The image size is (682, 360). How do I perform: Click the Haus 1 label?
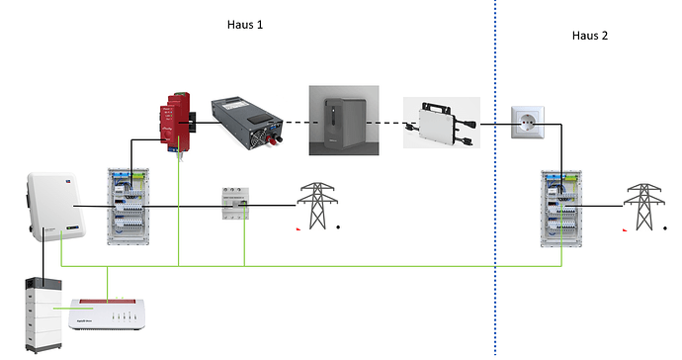[245, 25]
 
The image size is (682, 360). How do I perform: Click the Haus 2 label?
[590, 36]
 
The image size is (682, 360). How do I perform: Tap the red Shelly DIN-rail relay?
[175, 123]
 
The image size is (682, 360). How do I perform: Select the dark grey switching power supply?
[247, 124]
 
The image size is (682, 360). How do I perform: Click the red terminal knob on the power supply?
[272, 139]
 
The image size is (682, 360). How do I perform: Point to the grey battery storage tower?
[345, 120]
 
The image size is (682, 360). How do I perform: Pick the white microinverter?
[443, 124]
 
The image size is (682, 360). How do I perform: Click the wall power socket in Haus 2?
[527, 123]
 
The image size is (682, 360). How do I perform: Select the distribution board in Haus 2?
[561, 209]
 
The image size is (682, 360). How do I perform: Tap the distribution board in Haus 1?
[128, 207]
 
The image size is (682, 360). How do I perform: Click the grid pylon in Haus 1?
[317, 206]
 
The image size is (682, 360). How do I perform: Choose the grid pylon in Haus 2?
[644, 207]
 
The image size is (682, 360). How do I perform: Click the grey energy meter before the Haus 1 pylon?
[235, 204]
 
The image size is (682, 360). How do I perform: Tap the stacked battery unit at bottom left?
[43, 315]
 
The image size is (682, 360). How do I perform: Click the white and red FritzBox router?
[107, 315]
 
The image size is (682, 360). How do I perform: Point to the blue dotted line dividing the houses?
[495, 178]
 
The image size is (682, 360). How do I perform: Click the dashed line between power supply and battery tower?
[298, 123]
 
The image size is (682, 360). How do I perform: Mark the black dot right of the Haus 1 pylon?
[338, 226]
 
